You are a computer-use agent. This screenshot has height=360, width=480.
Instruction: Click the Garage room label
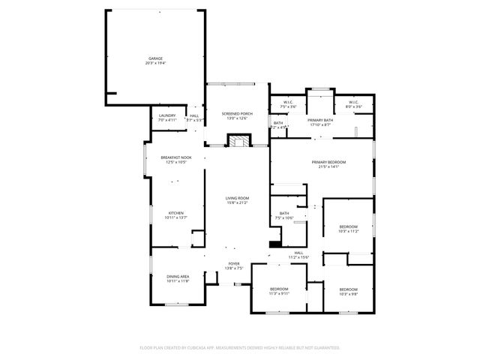tap(155, 58)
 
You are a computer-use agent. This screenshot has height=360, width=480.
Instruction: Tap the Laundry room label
tap(167, 115)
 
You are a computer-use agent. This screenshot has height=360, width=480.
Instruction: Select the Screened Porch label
tap(237, 113)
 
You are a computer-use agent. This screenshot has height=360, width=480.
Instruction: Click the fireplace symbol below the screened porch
tap(238, 141)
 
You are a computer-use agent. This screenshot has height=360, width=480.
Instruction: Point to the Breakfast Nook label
tap(176, 157)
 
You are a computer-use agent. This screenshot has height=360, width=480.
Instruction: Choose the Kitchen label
tap(175, 213)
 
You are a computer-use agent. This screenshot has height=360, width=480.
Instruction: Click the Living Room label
tap(237, 198)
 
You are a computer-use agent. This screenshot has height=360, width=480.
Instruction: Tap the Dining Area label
tap(178, 277)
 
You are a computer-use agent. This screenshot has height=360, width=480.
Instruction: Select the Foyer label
tap(234, 263)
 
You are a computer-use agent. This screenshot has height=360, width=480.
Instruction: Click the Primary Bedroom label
tap(328, 162)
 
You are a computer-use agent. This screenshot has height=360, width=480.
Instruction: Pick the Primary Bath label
tap(320, 120)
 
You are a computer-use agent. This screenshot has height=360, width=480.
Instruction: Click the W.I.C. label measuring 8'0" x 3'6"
tap(353, 102)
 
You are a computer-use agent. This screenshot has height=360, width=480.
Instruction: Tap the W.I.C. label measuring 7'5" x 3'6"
tap(289, 102)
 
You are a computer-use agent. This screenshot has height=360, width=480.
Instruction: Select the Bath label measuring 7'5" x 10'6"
tap(284, 214)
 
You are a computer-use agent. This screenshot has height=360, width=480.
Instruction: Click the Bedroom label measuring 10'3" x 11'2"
tap(348, 226)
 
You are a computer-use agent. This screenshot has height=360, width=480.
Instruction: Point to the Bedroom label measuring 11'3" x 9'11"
tap(279, 289)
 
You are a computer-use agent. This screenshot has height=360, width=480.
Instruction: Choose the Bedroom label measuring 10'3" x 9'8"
tap(348, 289)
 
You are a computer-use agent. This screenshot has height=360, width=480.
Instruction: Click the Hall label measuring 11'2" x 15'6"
tap(298, 253)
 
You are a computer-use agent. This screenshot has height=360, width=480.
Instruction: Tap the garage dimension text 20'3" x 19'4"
tap(155, 63)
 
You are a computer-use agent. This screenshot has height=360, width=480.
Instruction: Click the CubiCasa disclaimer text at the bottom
tap(240, 347)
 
